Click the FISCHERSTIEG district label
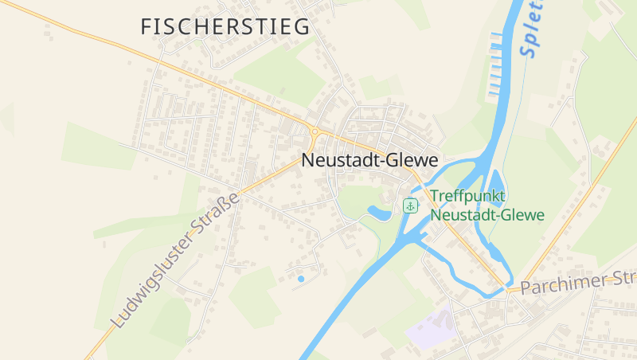[x=225, y=26]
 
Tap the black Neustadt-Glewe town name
[x=369, y=160]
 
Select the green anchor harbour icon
[x=410, y=205]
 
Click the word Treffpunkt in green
[x=468, y=197]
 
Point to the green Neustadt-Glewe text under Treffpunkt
[x=487, y=215]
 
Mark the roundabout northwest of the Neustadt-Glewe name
[x=315, y=131]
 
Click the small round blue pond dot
[x=300, y=279]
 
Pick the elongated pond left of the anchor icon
[x=379, y=213]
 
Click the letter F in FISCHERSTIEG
[x=147, y=26]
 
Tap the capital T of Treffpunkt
[x=435, y=197]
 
